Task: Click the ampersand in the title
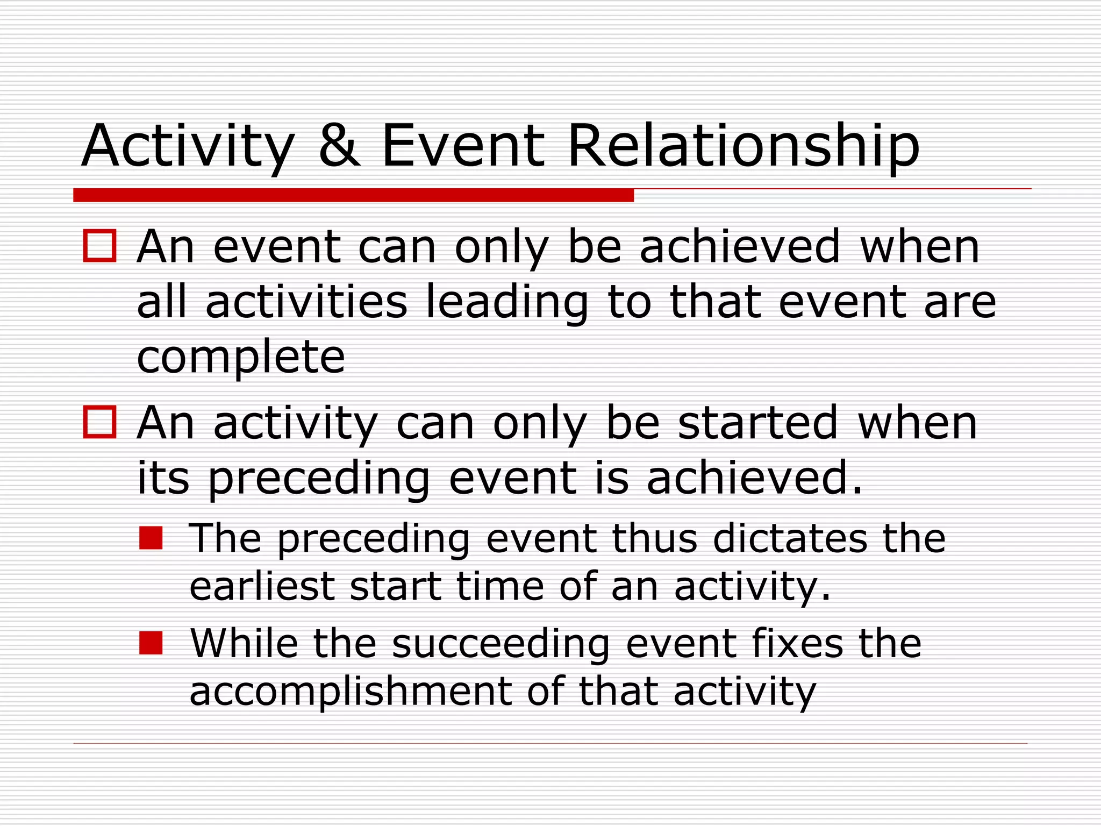point(339,146)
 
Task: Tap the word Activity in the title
point(188,146)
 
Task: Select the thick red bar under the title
point(353,195)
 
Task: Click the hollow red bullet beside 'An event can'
point(100,246)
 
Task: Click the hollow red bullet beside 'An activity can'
point(100,422)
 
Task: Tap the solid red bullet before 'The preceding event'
point(151,538)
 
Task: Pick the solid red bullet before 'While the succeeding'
point(151,643)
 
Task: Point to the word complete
point(241,358)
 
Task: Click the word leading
point(506,302)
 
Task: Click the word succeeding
point(501,644)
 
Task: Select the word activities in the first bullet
point(306,302)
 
